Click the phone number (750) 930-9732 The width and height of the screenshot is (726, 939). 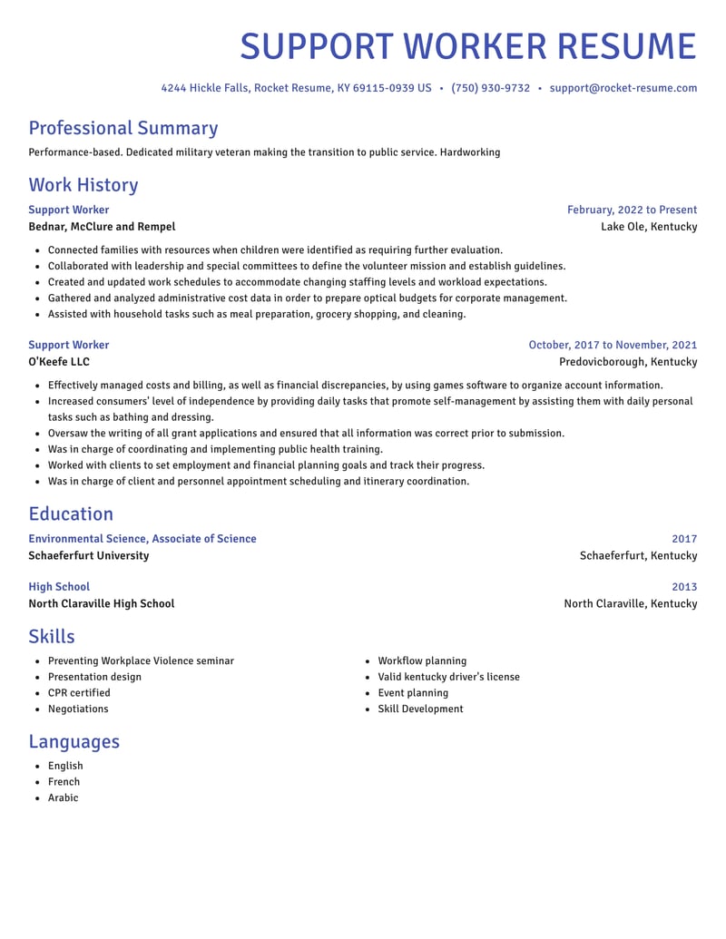(x=490, y=88)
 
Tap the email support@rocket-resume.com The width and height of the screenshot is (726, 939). (x=623, y=88)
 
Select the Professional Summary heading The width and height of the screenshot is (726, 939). (x=123, y=128)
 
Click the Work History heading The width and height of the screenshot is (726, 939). (x=83, y=185)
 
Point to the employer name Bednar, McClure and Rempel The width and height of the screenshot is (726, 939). (x=102, y=227)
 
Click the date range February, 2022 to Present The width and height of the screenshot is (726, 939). (x=632, y=210)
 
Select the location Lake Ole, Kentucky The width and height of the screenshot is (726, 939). (x=649, y=227)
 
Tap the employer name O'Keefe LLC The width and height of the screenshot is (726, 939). (x=59, y=362)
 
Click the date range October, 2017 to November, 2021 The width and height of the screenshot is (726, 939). (x=613, y=345)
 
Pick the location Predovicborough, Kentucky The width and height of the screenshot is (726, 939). (x=628, y=362)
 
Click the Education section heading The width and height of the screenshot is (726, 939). (x=71, y=514)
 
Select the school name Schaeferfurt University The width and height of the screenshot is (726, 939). (x=89, y=555)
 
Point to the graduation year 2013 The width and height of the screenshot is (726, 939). (x=684, y=587)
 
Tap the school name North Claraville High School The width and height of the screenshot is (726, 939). (x=102, y=603)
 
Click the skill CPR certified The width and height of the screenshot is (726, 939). (x=79, y=693)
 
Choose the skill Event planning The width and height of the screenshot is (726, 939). (x=413, y=693)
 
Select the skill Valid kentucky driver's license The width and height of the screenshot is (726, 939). (x=448, y=677)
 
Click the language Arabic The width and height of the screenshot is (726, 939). (x=64, y=798)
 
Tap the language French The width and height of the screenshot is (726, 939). (x=64, y=782)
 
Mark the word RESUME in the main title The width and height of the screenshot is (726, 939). (x=625, y=46)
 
